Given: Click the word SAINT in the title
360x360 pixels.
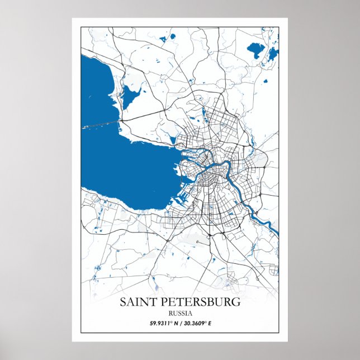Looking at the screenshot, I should point(138,302).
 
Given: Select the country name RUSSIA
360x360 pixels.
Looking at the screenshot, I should point(179,314).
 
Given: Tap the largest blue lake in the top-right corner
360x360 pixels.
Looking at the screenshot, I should point(257,51).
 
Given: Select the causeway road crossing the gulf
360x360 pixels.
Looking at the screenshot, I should point(101,124).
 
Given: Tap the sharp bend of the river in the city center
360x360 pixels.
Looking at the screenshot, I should point(226,165).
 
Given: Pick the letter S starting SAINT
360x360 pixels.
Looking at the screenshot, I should point(123,302).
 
